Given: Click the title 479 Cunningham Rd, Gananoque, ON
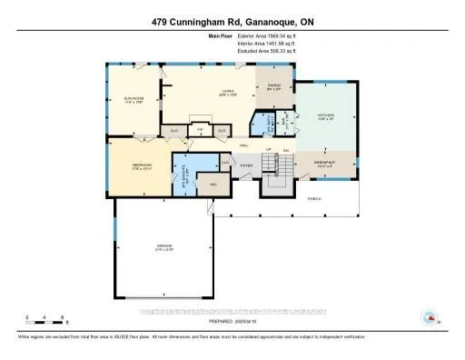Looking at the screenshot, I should pos(232,22).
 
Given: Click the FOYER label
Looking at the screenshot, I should pos(245,165).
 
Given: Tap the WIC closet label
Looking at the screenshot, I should pos(214,185).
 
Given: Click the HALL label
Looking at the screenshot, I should pos(244,147).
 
